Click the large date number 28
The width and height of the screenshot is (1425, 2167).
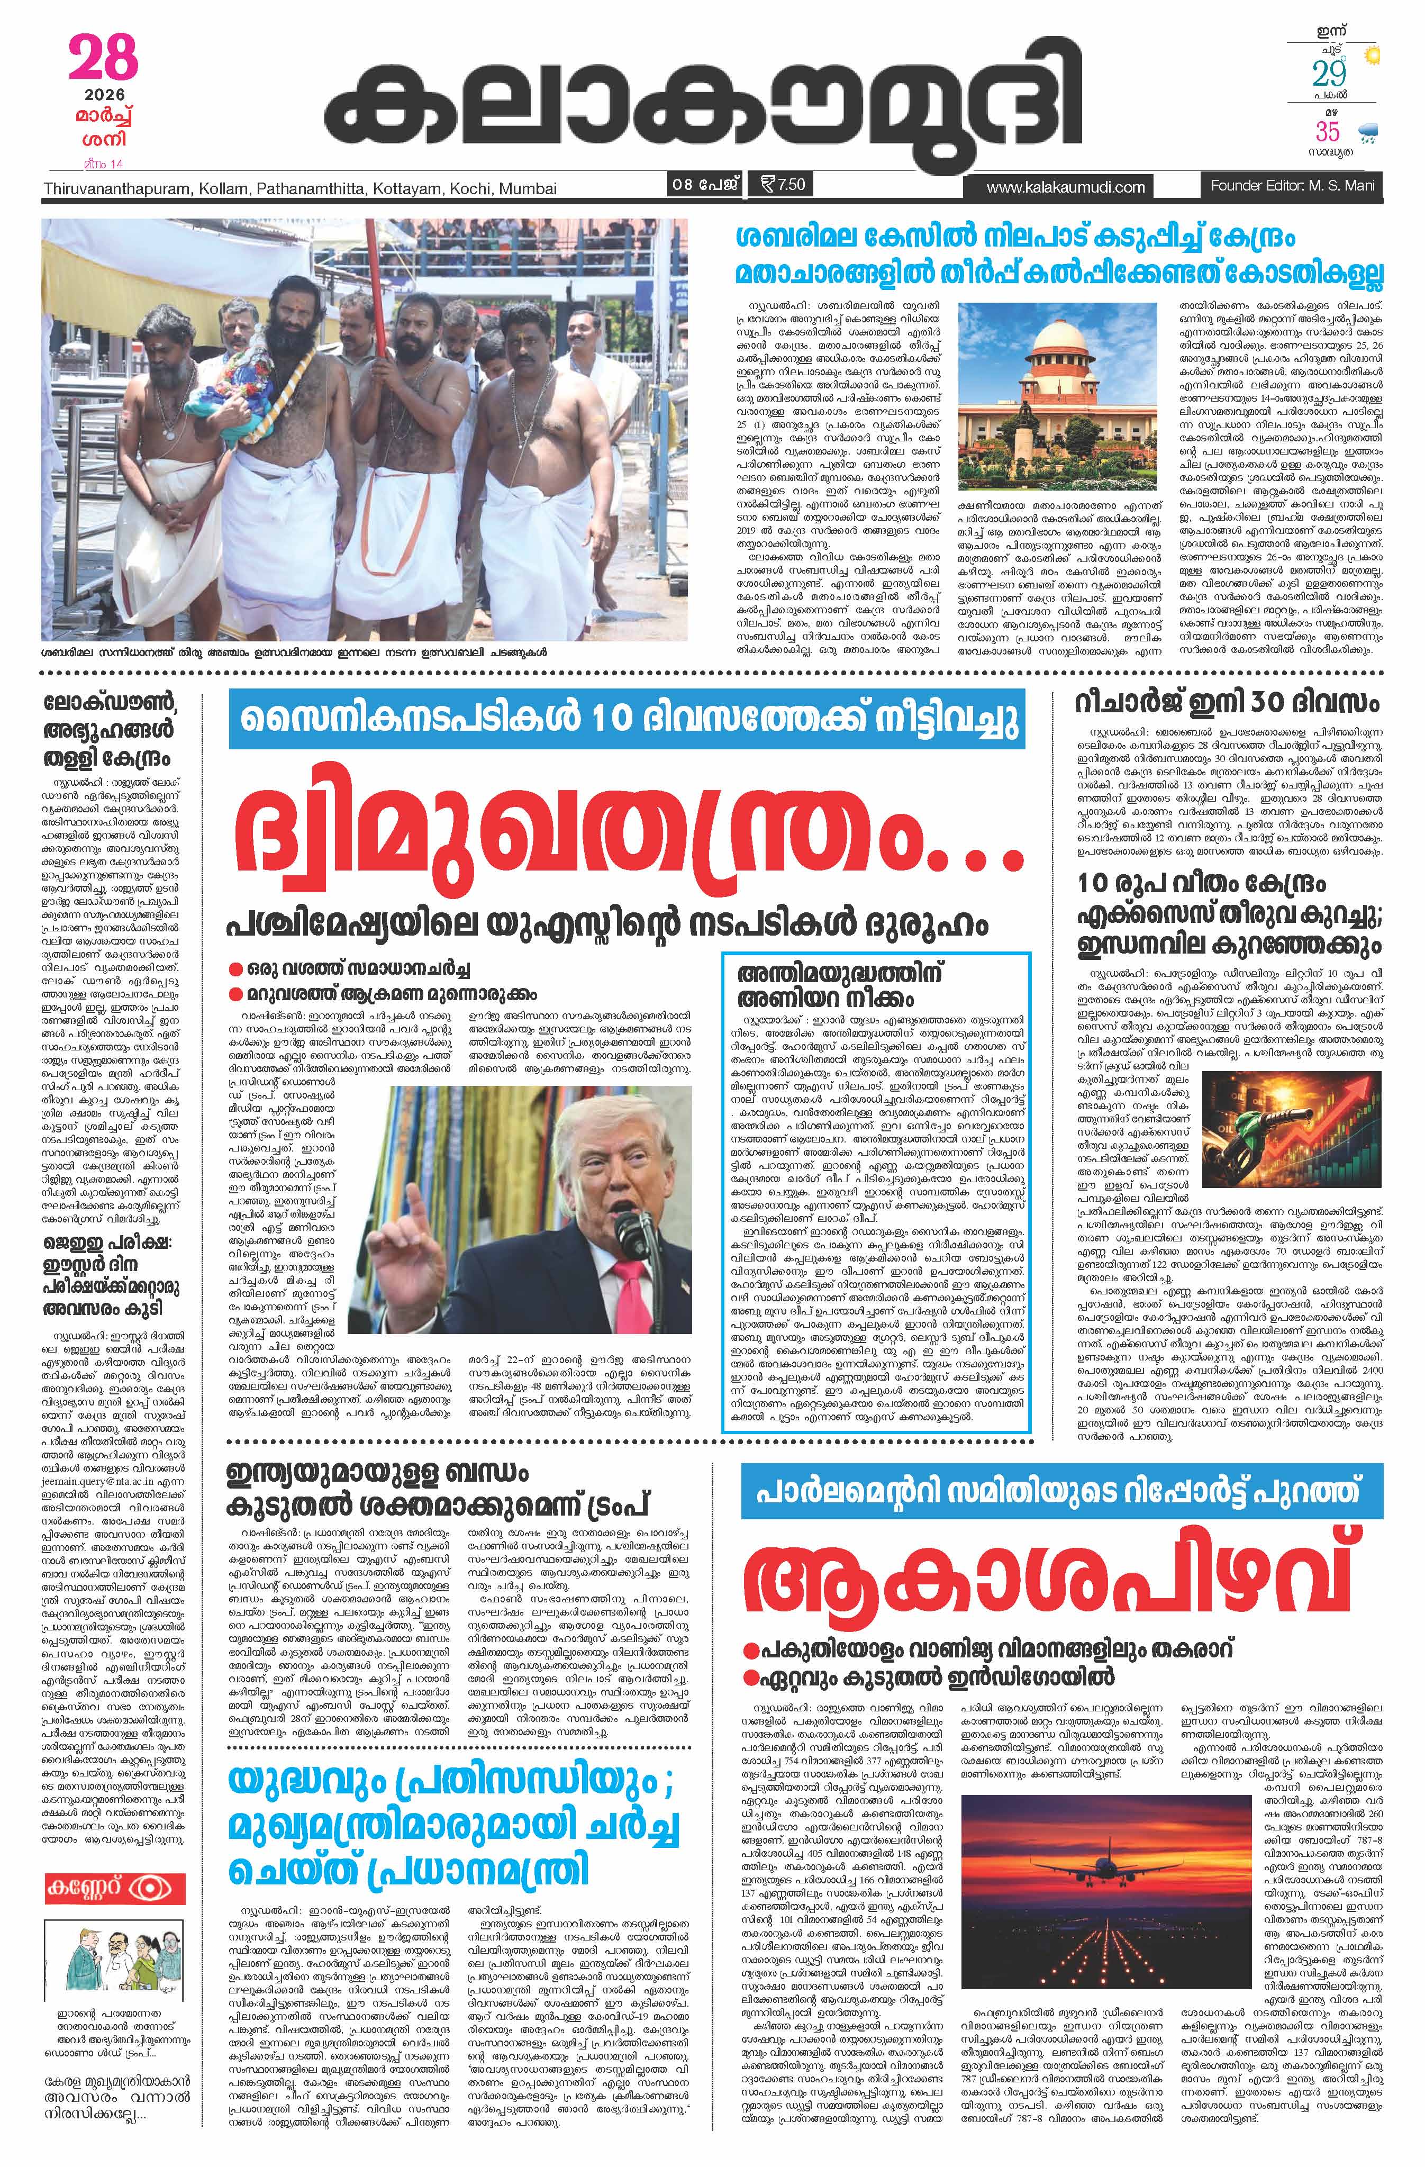103,59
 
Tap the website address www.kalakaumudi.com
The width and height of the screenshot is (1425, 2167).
1065,187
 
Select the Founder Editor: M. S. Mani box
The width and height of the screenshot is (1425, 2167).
1291,186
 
